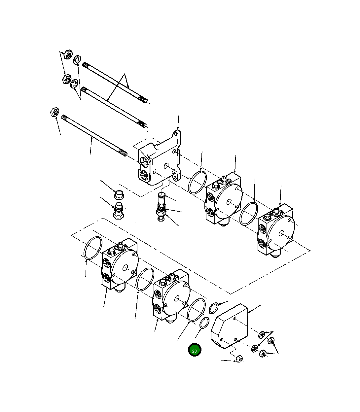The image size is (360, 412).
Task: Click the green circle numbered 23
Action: click(x=194, y=350)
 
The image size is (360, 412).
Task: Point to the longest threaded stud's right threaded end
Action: click(x=122, y=153)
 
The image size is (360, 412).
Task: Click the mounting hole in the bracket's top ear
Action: click(x=178, y=135)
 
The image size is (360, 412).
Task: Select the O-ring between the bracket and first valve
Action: click(x=198, y=183)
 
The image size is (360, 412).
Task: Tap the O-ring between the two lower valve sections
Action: click(x=145, y=279)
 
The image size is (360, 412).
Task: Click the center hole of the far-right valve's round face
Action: click(x=280, y=233)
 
